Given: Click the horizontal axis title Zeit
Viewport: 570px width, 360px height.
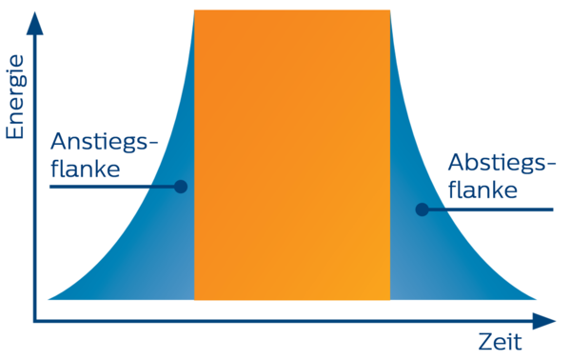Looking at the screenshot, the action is coord(499,341).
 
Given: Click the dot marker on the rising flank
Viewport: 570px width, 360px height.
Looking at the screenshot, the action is coord(181,187).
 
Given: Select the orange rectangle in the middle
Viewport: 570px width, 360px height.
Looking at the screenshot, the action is coord(291,152).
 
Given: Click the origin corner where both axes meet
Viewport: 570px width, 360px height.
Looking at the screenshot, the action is coord(36,319).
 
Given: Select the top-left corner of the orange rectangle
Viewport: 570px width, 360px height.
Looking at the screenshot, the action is coord(194,11).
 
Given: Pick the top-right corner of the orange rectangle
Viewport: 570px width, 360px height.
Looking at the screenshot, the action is coord(389,11).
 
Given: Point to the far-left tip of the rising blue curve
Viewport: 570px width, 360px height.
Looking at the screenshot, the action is coord(50,297).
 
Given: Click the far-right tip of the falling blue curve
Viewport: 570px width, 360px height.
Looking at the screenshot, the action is coord(533,297).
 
